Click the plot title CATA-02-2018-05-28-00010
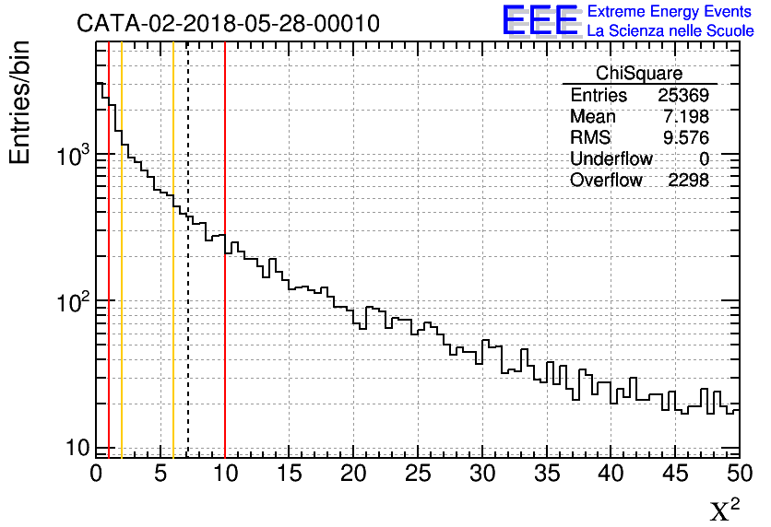228,24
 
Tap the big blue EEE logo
540,20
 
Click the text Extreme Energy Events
670,12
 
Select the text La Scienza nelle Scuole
670,31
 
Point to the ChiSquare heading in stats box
639,74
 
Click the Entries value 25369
683,96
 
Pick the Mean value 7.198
686,117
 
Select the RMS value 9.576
686,138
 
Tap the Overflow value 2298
688,181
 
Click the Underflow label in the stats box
611,159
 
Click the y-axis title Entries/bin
20,102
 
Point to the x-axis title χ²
725,509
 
